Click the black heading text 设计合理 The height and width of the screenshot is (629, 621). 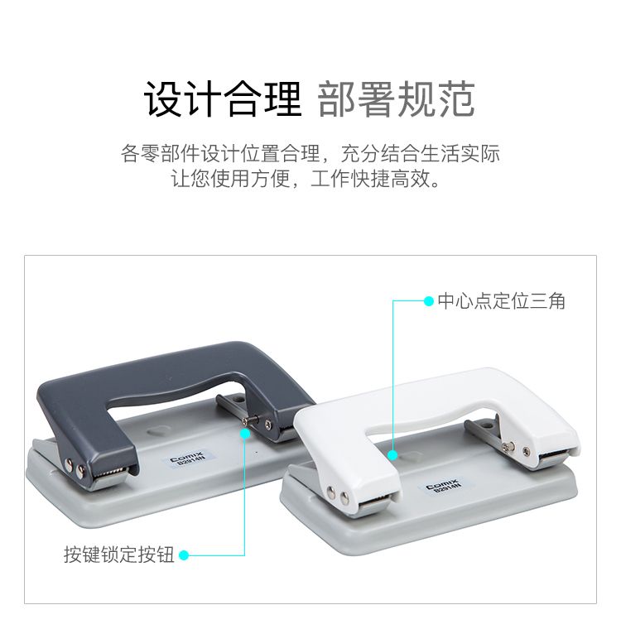[223, 98]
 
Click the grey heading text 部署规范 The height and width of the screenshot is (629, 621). [397, 98]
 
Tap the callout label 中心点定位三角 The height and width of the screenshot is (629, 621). [502, 301]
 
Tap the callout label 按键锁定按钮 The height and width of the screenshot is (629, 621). [119, 555]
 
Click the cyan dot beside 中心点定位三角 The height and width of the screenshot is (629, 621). [429, 301]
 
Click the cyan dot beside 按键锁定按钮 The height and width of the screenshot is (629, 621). [184, 555]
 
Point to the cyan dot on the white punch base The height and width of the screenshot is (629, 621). [393, 455]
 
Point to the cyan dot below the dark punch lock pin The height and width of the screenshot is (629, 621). [245, 434]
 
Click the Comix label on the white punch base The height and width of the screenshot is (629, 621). [445, 485]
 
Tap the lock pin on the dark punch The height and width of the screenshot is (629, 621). [251, 420]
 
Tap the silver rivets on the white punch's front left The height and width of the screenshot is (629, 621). [338, 495]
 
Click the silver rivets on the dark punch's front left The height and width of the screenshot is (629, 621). [75, 468]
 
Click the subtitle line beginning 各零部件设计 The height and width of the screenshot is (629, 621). [310, 153]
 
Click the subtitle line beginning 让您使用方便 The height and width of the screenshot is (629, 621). [306, 179]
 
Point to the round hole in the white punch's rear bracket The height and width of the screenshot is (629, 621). [488, 425]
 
